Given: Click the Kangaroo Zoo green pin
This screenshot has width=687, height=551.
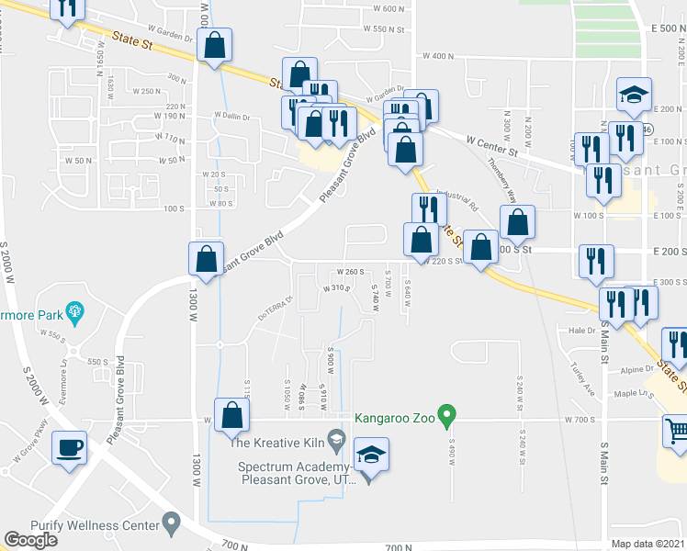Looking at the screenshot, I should point(447,417).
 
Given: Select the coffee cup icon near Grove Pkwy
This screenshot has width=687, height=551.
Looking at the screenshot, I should point(70,448).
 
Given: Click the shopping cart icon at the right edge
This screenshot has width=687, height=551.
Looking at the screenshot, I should point(676,429).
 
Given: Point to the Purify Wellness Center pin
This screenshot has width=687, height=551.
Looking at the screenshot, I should point(171,523).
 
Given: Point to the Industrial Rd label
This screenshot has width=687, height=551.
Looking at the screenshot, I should point(457,199).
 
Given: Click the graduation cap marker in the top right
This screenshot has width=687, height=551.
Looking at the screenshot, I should point(634,94).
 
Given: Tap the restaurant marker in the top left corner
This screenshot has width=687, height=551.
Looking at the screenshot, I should point(66,7).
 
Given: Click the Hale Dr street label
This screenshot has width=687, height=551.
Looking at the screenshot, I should point(582,330).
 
